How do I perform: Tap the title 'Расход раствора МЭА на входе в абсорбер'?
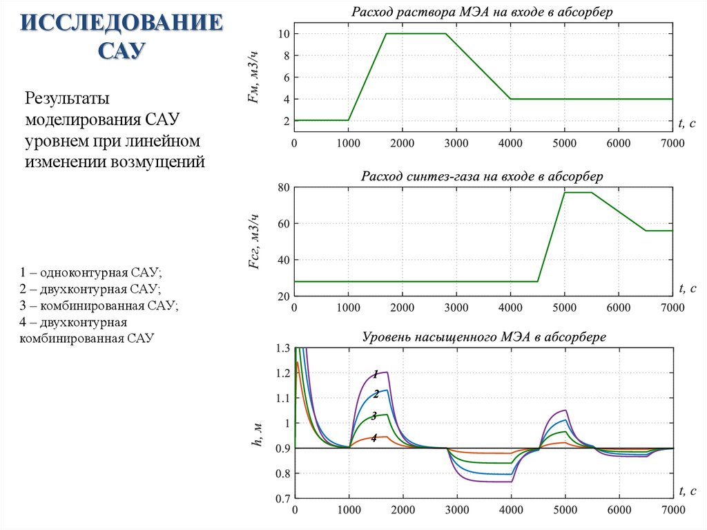483,12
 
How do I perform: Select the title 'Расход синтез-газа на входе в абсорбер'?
483,176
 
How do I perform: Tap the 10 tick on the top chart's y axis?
283,34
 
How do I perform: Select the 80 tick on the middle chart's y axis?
282,187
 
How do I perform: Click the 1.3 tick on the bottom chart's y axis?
282,348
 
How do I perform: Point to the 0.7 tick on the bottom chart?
282,498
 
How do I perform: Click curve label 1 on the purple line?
376,375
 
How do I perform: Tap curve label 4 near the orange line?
374,437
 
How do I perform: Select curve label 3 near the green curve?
374,416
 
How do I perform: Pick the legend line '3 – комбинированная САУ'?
99,305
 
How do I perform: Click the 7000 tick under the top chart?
672,143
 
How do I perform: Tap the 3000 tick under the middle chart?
456,307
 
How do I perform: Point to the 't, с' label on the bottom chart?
687,490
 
